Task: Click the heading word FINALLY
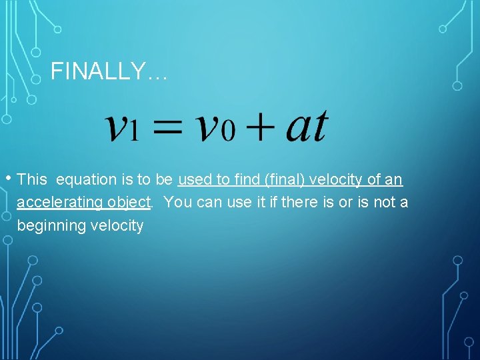100,71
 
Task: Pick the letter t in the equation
319,125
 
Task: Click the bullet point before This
8,178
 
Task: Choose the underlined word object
131,203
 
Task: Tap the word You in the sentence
176,203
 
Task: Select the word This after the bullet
32,180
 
